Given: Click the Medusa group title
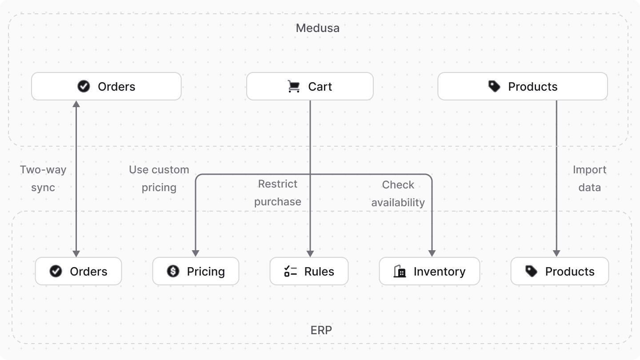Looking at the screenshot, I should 317,28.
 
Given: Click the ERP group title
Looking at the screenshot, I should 321,330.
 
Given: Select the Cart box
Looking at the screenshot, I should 310,87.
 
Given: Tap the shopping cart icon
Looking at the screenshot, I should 294,86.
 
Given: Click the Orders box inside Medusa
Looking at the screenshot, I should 106,87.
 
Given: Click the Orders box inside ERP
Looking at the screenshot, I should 78,272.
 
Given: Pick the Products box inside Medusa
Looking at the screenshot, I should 522,87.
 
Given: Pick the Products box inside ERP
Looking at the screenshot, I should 559,272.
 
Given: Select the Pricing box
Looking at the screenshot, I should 196,272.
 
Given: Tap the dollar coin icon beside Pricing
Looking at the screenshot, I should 173,271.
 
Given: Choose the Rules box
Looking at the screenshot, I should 309,272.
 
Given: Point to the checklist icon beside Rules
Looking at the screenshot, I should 290,271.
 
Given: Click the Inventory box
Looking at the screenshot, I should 429,272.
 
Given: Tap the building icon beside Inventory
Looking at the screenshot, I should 400,271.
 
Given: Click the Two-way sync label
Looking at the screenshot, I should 43,178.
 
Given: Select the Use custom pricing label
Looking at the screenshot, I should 159,178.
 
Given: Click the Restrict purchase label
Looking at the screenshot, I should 278,192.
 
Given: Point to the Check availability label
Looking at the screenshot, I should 398,193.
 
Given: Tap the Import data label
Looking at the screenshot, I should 589,178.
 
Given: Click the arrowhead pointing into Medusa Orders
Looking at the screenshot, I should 76,104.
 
